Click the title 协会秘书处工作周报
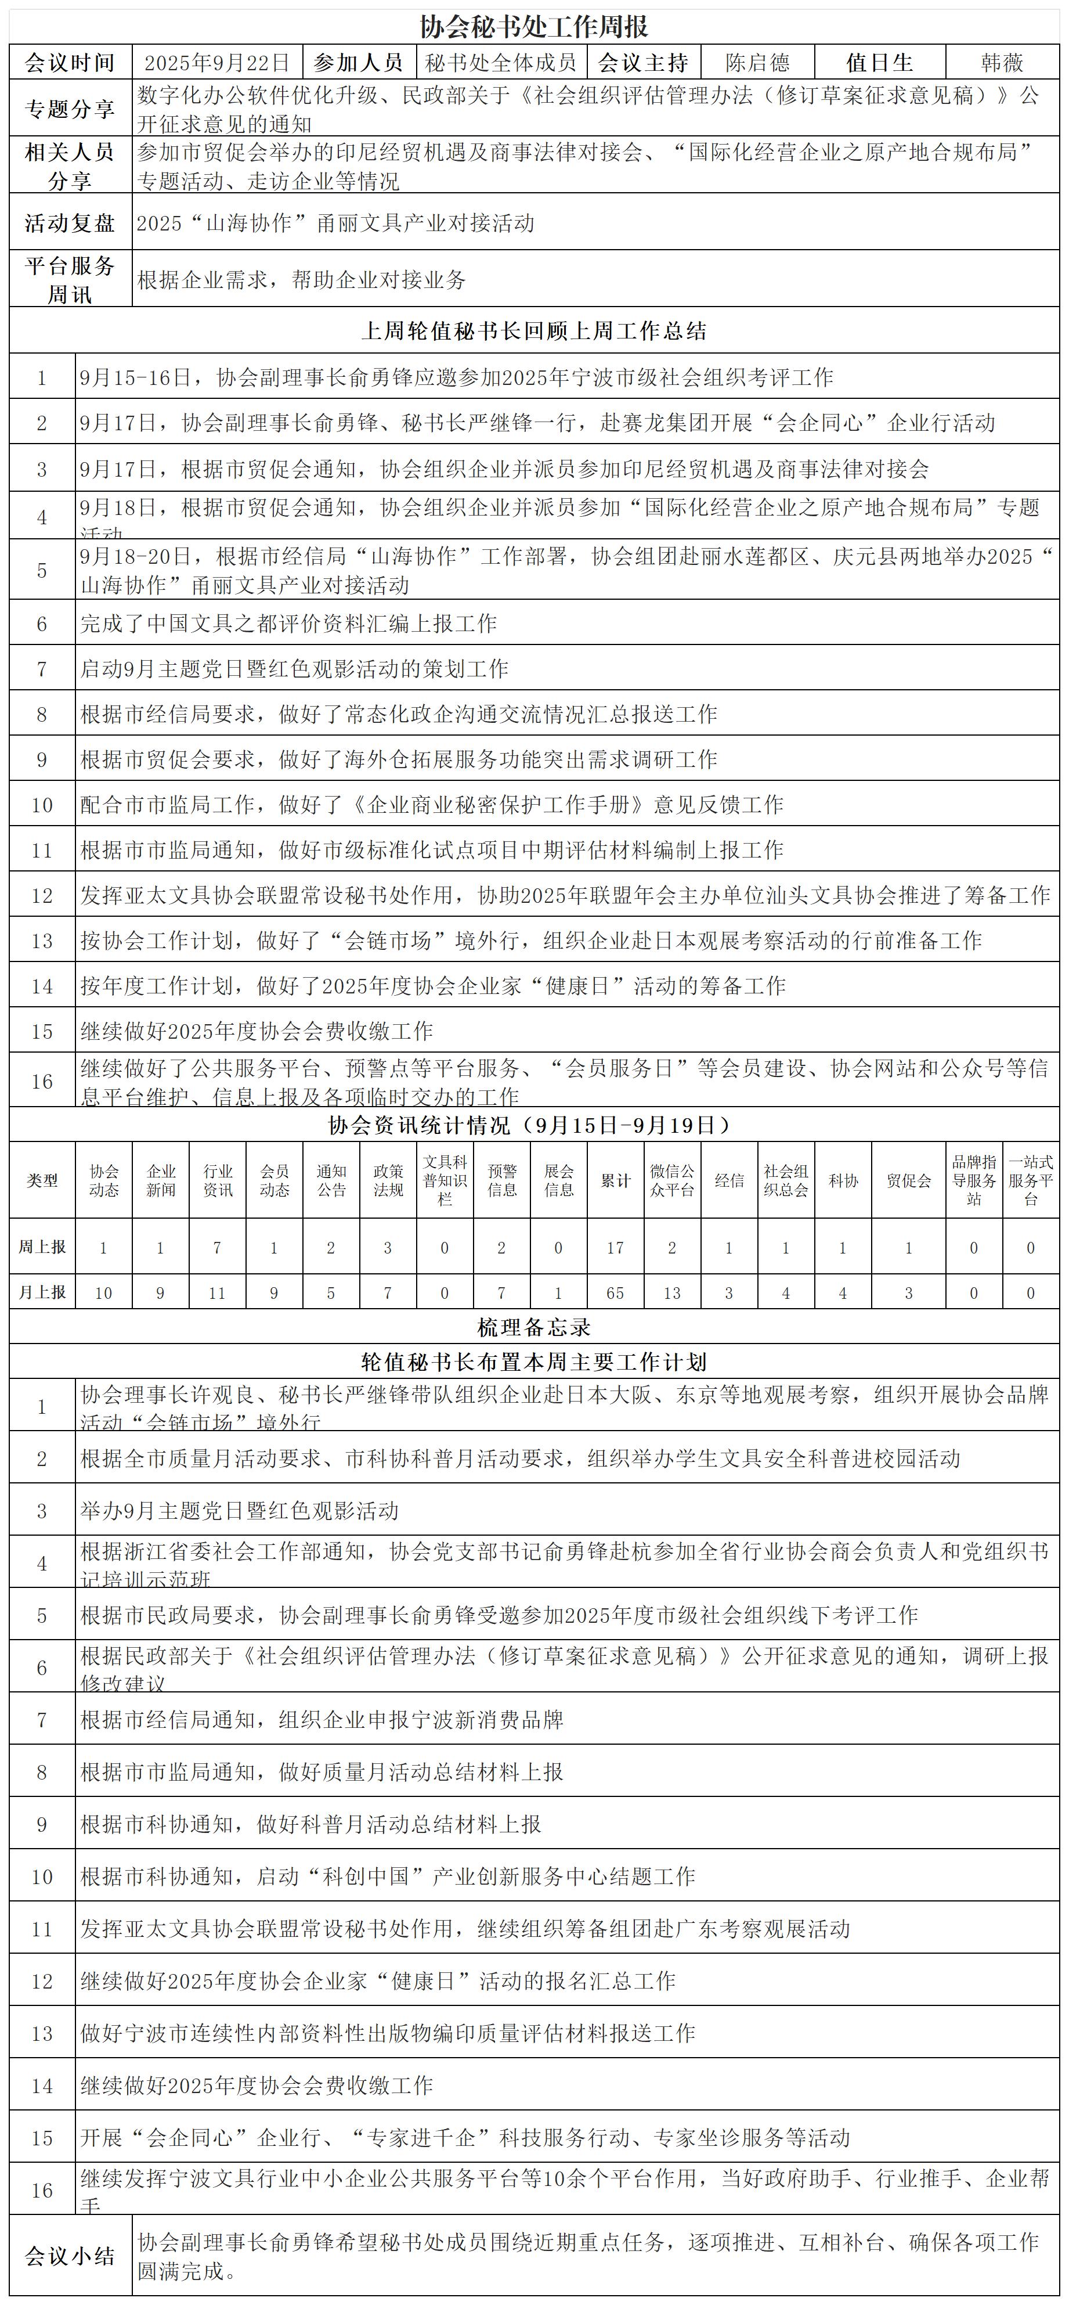[534, 26]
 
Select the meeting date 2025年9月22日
[218, 63]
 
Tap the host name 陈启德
[758, 63]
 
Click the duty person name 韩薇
[1002, 63]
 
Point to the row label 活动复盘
[70, 223]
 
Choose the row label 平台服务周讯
[70, 279]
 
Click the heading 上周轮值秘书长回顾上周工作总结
[534, 331]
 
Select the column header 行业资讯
[218, 1180]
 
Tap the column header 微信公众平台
[672, 1180]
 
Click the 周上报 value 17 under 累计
[615, 1247]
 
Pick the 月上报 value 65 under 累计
[615, 1293]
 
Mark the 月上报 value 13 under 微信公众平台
[672, 1293]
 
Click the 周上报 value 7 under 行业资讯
[218, 1247]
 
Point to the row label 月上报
[42, 1293]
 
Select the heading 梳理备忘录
[534, 1327]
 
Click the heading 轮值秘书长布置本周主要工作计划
[534, 1362]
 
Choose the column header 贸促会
[908, 1180]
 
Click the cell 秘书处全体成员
[501, 63]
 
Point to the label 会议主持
[643, 63]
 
